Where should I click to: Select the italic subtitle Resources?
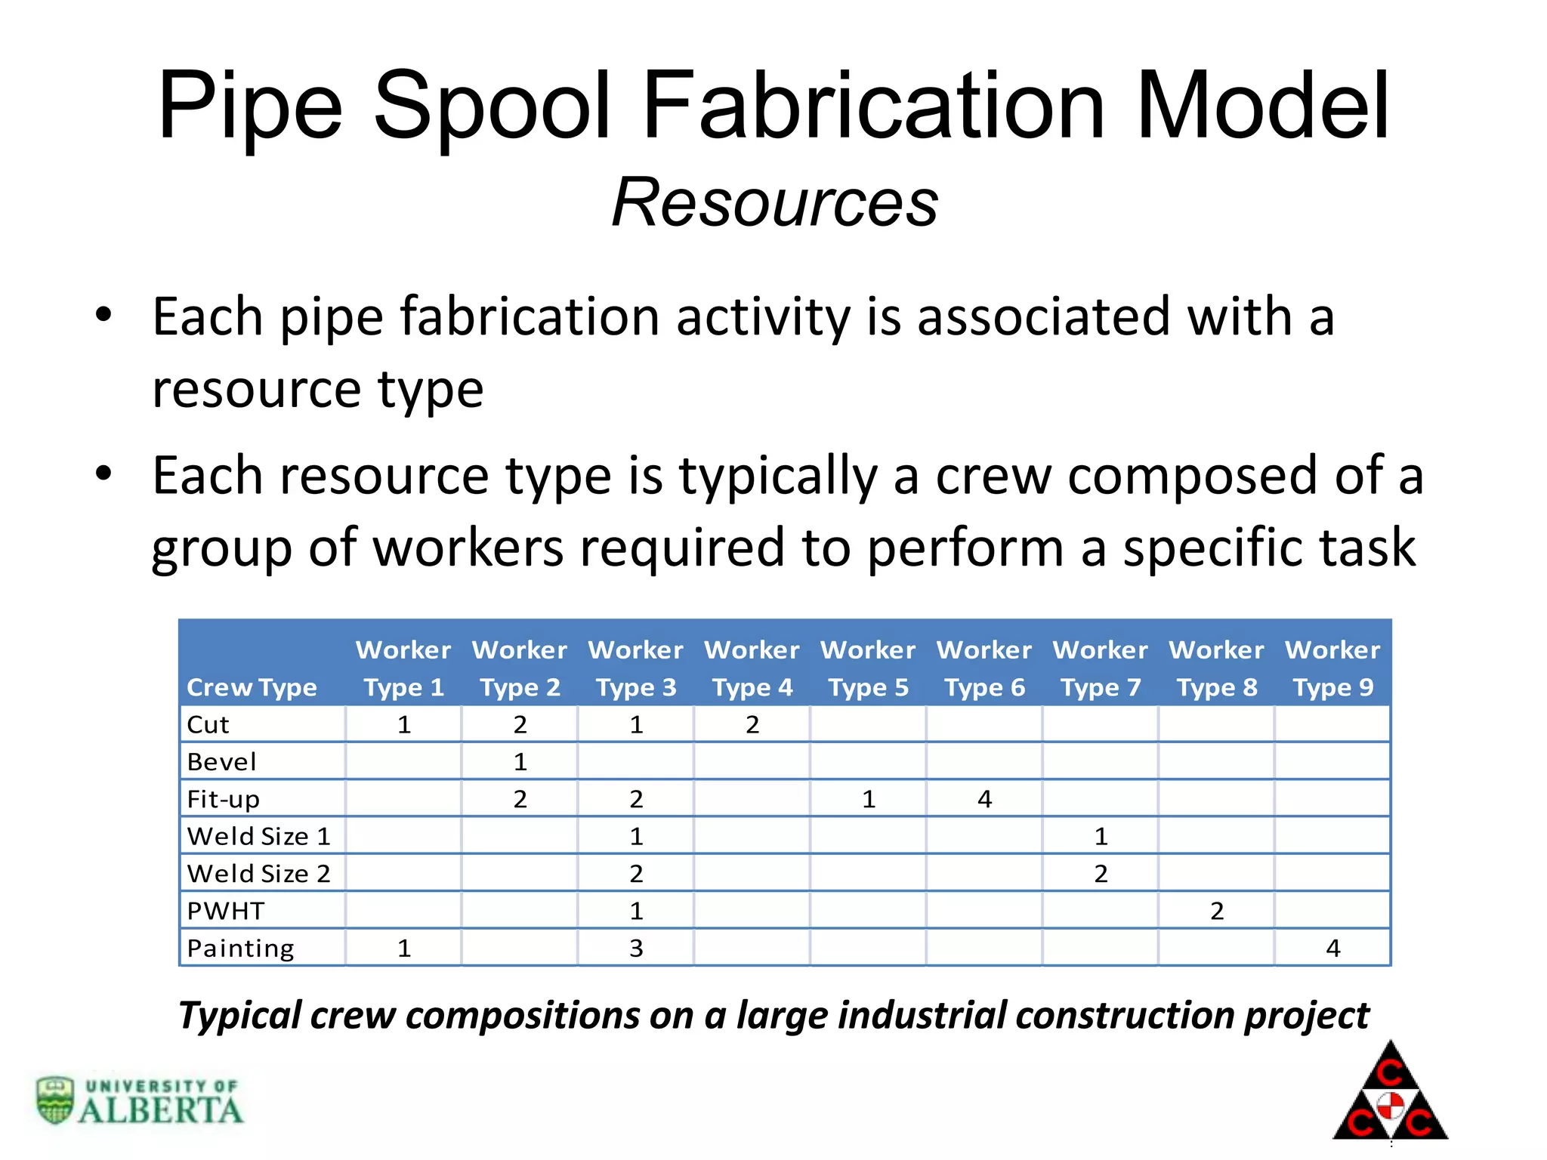click(x=775, y=202)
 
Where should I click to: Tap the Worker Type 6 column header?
click(x=984, y=668)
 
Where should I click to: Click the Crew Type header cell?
click(x=252, y=687)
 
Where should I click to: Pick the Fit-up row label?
click(x=224, y=799)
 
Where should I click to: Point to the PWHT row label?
click(x=226, y=911)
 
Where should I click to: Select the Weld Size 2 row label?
click(x=258, y=874)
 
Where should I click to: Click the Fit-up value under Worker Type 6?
click(x=984, y=799)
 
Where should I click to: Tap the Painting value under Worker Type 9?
click(x=1333, y=948)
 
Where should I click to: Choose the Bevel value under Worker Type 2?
click(x=520, y=762)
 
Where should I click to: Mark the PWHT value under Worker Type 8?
click(x=1217, y=911)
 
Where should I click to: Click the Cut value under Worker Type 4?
click(x=752, y=725)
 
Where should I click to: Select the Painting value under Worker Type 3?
click(x=636, y=948)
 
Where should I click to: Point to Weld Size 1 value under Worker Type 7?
click(x=1101, y=837)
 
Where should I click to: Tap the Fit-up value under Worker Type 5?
click(x=869, y=799)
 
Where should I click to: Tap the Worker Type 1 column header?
click(x=403, y=668)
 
